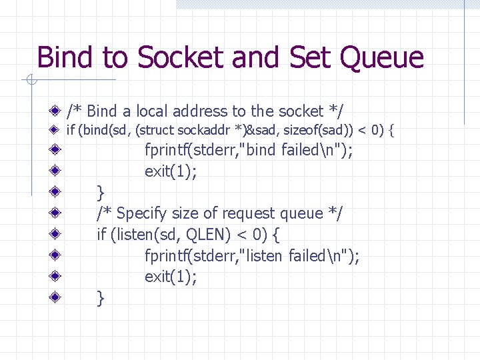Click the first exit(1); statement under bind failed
(x=171, y=171)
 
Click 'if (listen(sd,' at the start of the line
(x=132, y=235)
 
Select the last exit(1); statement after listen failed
(x=171, y=277)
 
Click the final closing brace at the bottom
(x=101, y=298)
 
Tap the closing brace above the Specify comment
(x=101, y=193)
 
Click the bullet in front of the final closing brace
(x=59, y=297)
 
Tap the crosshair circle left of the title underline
(x=30, y=81)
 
